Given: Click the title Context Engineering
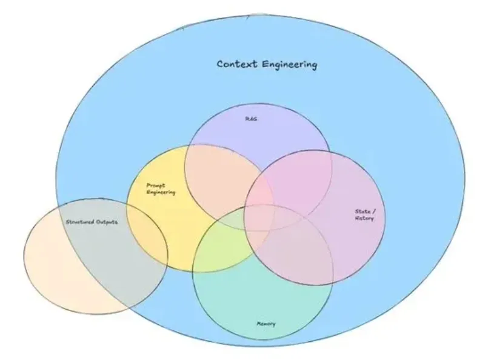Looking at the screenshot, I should click(x=267, y=64).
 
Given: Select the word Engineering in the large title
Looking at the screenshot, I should click(x=290, y=65).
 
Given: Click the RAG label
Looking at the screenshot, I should click(x=251, y=119).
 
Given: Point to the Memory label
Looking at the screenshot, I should click(x=266, y=324).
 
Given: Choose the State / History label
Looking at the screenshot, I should click(x=364, y=215).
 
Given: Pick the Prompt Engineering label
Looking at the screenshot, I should click(x=161, y=188).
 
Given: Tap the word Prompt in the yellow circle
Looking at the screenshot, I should click(x=156, y=185).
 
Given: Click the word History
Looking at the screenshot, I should click(x=364, y=218).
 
